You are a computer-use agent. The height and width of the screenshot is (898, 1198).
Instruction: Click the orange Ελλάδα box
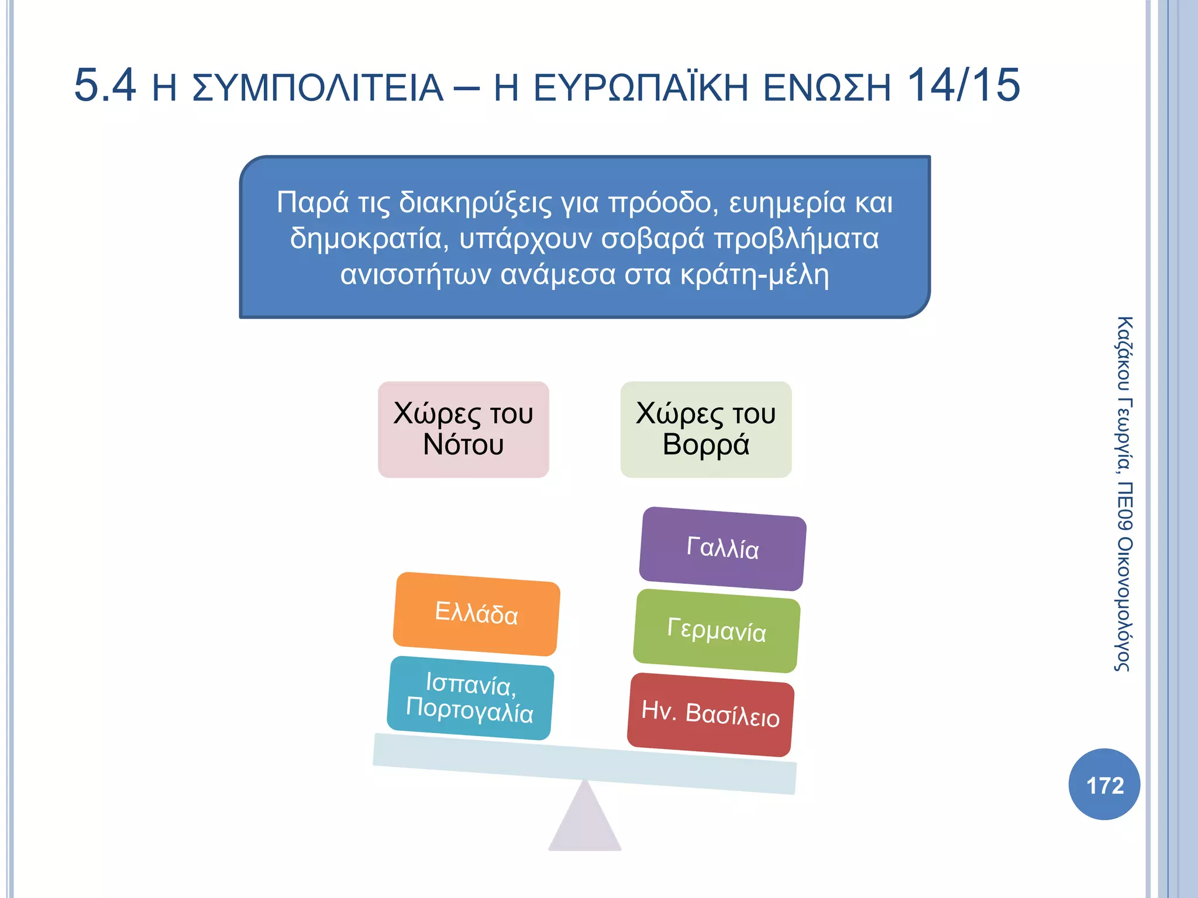pyautogui.click(x=476, y=614)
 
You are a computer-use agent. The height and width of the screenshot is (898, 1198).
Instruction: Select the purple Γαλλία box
pyautogui.click(x=722, y=548)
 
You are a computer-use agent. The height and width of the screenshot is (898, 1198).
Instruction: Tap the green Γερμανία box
pyautogui.click(x=717, y=631)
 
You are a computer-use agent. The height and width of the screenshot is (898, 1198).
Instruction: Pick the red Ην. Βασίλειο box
pyautogui.click(x=710, y=714)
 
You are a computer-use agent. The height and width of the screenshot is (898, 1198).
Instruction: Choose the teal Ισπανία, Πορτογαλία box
pyautogui.click(x=470, y=698)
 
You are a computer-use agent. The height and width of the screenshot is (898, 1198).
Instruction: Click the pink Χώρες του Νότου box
pyautogui.click(x=463, y=430)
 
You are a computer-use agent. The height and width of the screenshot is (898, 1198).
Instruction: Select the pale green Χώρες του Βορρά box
pyautogui.click(x=705, y=430)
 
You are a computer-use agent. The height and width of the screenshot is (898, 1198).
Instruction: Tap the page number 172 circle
pyautogui.click(x=1104, y=785)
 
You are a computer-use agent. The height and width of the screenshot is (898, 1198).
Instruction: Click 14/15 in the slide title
pyautogui.click(x=963, y=86)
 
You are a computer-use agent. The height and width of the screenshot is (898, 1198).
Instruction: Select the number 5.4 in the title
pyautogui.click(x=105, y=86)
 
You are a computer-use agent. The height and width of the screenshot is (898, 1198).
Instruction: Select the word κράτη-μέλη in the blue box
pyautogui.click(x=755, y=275)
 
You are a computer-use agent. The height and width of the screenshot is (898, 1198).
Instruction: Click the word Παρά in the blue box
pyautogui.click(x=312, y=203)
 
